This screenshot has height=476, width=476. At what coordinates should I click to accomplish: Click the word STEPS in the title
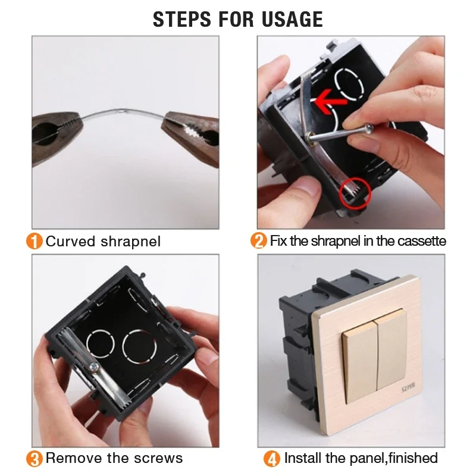click(x=181, y=19)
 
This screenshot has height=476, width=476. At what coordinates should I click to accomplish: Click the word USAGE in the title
click(x=292, y=19)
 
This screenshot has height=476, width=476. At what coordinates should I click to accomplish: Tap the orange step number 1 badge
click(x=34, y=242)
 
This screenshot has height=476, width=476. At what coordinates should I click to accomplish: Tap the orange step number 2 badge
click(x=258, y=241)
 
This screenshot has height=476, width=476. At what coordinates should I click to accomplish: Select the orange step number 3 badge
click(x=34, y=459)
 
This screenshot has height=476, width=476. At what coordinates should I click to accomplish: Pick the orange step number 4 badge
click(x=271, y=459)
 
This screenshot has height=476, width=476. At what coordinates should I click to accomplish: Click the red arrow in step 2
click(x=330, y=102)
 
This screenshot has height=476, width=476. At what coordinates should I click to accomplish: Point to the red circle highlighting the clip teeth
click(x=355, y=194)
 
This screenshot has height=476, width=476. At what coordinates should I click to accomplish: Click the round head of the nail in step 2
click(x=369, y=129)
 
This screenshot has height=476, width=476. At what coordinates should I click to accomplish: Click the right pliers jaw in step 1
click(x=191, y=137)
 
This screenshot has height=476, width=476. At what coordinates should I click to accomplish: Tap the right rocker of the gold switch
click(x=392, y=349)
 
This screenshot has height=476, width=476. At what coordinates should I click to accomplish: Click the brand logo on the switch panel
click(x=408, y=388)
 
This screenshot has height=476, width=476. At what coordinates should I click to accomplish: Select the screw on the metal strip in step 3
click(x=94, y=367)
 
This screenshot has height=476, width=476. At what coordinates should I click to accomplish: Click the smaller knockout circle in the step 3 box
click(x=101, y=344)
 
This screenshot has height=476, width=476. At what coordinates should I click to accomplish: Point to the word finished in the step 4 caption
click(x=413, y=458)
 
